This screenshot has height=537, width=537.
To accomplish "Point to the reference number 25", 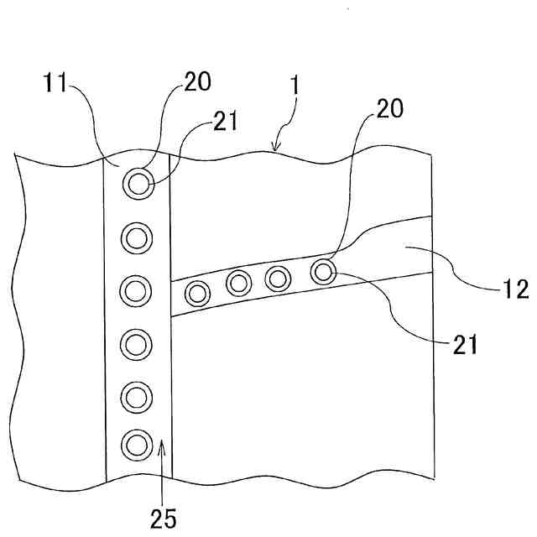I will click(x=164, y=518).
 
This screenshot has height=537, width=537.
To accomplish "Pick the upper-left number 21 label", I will click(x=225, y=122).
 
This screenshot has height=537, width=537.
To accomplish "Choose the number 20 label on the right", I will click(x=389, y=108).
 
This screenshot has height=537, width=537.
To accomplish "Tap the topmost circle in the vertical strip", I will click(x=137, y=181).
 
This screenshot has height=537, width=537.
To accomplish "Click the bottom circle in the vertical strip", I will click(x=136, y=443).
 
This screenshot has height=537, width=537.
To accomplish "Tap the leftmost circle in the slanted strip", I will click(x=198, y=293).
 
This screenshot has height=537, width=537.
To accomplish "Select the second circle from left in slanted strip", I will click(x=238, y=283).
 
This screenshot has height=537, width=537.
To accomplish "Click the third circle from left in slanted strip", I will click(x=278, y=277).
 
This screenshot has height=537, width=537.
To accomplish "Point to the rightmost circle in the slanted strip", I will click(x=322, y=271).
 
